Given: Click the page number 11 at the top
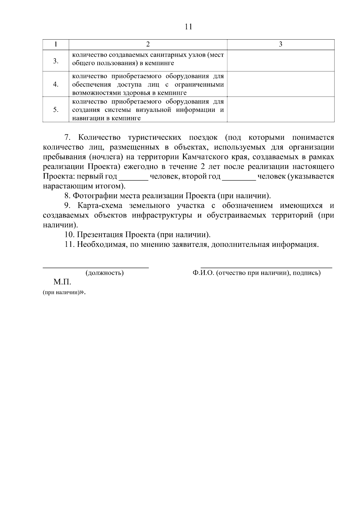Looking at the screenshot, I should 188,27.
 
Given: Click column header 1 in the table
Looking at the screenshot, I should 56,44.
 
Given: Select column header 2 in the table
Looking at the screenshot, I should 148,44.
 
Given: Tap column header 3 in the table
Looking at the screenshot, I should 280,44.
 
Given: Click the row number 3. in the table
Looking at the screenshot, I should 56,61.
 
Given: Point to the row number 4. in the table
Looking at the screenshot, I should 56,84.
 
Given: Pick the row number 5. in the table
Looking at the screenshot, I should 56,109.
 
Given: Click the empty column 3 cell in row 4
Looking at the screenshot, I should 280,84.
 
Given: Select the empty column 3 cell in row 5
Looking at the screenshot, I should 280,109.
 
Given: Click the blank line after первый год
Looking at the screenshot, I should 133,177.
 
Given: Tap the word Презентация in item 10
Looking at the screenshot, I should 100,235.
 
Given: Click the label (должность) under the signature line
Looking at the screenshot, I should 104,273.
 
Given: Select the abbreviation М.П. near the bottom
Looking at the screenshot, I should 62,282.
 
